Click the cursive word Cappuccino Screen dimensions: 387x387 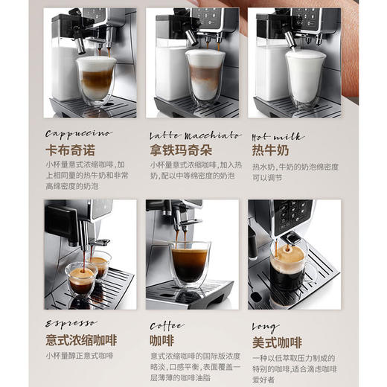(x=79, y=134)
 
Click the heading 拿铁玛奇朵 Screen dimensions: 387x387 (x=181, y=150)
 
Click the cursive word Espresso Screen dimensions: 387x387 (x=71, y=324)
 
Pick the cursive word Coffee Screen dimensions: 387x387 (x=167, y=325)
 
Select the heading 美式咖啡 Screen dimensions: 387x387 (x=277, y=342)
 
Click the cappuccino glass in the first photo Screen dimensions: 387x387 (x=96, y=80)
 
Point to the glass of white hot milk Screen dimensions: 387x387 (x=305, y=77)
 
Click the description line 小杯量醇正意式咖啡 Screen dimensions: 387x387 (x=80, y=356)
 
